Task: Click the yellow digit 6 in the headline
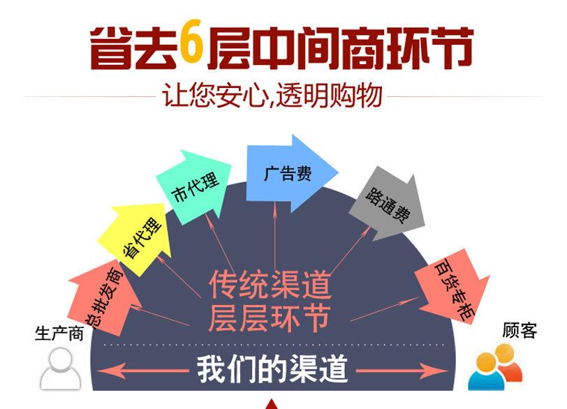coord(191,46)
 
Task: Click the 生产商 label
coord(59,334)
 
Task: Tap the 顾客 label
coord(520,329)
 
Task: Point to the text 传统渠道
coord(270,284)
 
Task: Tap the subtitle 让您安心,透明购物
coord(273,96)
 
